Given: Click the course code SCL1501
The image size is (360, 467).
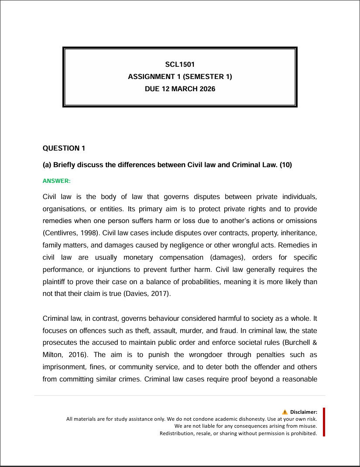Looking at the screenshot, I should [180, 65].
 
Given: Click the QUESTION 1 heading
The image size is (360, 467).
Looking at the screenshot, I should [64, 148].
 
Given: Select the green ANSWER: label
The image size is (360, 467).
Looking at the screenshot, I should [56, 180].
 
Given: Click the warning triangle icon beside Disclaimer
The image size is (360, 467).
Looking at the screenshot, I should [285, 412].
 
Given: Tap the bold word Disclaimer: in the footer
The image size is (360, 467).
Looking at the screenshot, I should [304, 412].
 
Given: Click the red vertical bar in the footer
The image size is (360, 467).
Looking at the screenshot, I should [324, 422].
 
